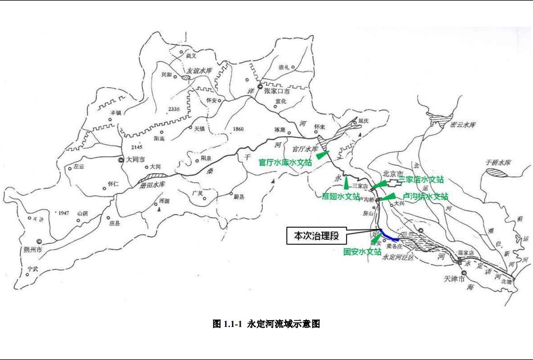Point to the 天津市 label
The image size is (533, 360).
pyautogui.click(x=454, y=279)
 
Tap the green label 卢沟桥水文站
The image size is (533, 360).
pyautogui.click(x=425, y=197)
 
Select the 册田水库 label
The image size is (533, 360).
pyautogui.click(x=152, y=185)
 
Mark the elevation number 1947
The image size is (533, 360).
pyautogui.click(x=63, y=212)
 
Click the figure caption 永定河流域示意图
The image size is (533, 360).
pyautogui.click(x=266, y=324)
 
